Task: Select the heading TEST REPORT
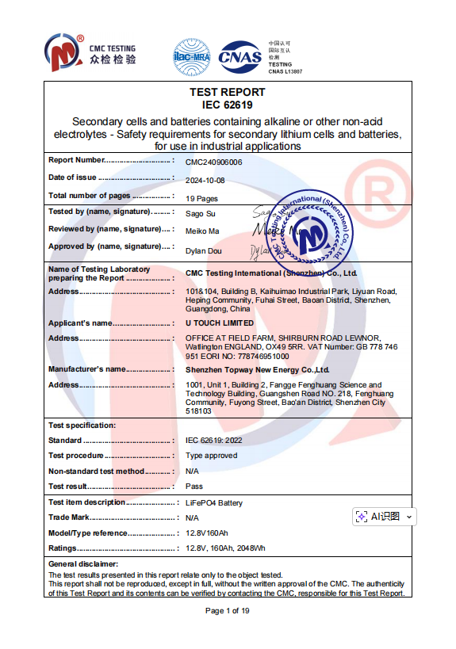[228, 92]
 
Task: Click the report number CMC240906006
[213, 162]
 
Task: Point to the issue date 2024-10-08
[205, 179]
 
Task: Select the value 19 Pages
[201, 199]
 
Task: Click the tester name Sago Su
[198, 214]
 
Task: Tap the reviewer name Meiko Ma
[202, 231]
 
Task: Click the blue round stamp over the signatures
[305, 231]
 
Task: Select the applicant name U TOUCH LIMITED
[220, 323]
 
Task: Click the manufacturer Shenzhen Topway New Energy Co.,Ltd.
[257, 369]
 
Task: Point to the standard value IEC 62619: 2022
[216, 440]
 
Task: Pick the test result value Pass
[194, 487]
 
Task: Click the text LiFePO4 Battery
[214, 503]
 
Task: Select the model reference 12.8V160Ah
[206, 533]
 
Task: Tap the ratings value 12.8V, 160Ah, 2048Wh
[225, 548]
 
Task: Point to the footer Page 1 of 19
[228, 610]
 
